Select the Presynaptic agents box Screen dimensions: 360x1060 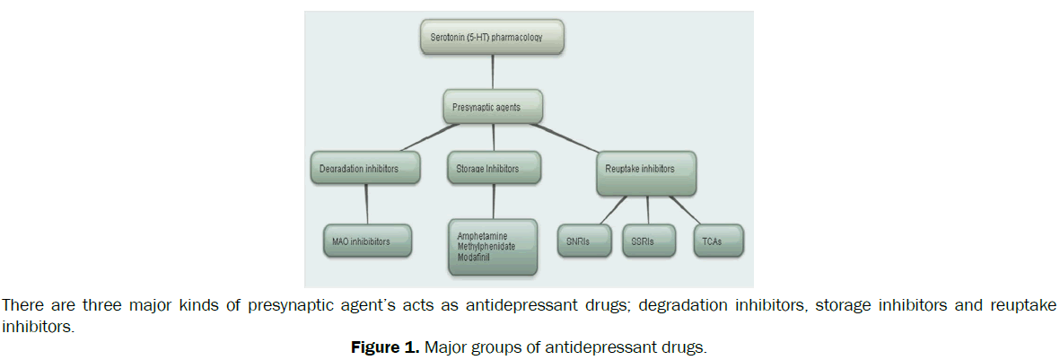[x=493, y=106]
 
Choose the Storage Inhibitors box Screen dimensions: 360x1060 [x=493, y=168]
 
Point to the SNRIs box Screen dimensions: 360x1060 [x=585, y=241]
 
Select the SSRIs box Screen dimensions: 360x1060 [x=642, y=241]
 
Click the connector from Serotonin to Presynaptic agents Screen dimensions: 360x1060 [x=493, y=72]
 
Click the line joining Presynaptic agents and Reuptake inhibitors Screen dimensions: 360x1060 [x=579, y=138]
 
